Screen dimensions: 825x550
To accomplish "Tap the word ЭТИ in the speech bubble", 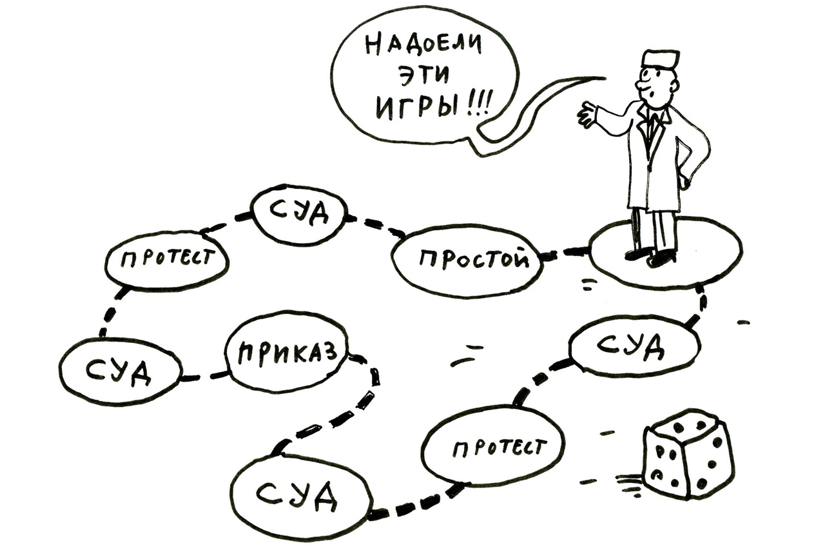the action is (423, 76).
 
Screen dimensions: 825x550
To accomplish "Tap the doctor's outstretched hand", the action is (587, 114).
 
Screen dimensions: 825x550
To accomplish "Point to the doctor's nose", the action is (640, 86).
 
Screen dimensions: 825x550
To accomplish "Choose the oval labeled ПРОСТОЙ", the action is (467, 259).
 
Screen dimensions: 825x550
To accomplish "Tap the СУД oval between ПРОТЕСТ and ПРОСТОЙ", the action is (298, 215).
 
